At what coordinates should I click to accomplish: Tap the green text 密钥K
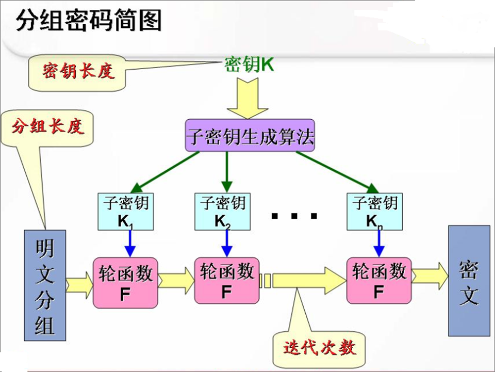[249, 65]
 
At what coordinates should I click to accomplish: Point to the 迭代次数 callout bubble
[319, 347]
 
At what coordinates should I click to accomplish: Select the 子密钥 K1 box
[125, 211]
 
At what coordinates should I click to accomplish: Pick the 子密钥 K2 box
[222, 211]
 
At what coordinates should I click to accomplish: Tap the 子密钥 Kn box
[375, 211]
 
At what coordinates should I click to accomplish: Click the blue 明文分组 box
[45, 285]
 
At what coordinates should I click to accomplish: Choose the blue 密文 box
[469, 281]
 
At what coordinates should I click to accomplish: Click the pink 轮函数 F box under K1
[125, 282]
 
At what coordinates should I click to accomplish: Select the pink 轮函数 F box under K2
[226, 280]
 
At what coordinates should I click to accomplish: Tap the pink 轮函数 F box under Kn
[379, 280]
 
